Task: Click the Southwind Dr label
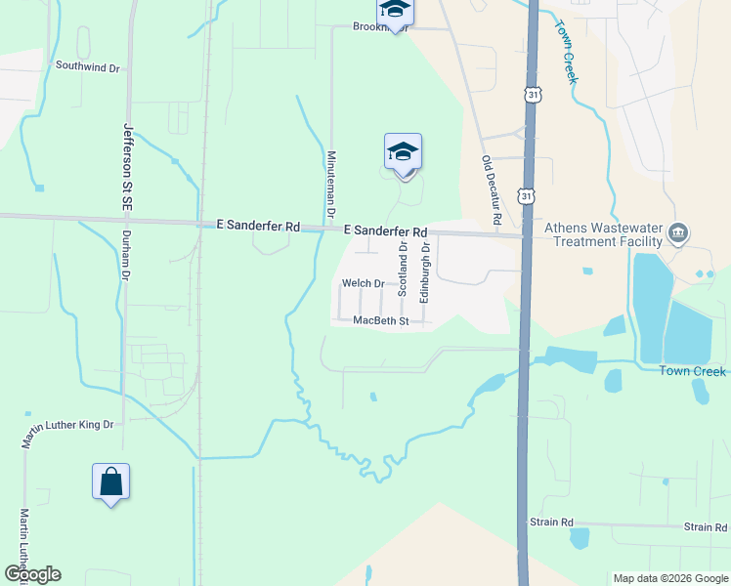click(x=87, y=67)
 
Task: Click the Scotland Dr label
click(x=402, y=270)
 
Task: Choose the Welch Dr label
click(x=364, y=283)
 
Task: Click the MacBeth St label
click(x=380, y=320)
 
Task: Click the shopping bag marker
click(x=110, y=481)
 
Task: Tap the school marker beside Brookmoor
click(x=396, y=10)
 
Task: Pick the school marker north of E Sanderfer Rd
click(x=403, y=152)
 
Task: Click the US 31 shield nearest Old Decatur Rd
click(x=528, y=196)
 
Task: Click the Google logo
click(x=32, y=574)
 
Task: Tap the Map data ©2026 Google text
click(x=670, y=578)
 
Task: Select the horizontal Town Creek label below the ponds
click(x=692, y=371)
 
